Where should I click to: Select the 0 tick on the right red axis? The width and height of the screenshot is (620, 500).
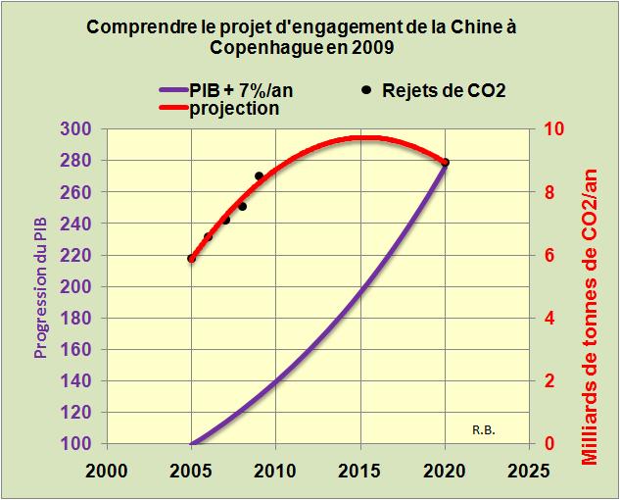549,444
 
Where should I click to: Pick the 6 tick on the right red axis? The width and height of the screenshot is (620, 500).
549,255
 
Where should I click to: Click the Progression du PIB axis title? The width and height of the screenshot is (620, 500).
40,285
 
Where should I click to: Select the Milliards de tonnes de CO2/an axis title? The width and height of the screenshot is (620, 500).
590,286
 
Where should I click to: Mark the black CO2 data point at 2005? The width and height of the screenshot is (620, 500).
191,259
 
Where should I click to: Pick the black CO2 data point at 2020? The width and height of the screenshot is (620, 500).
446,163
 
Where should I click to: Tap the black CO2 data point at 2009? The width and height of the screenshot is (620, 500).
259,176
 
